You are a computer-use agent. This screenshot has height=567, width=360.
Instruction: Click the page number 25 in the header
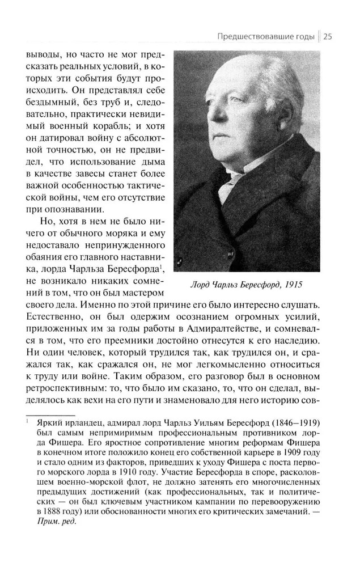(328, 37)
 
